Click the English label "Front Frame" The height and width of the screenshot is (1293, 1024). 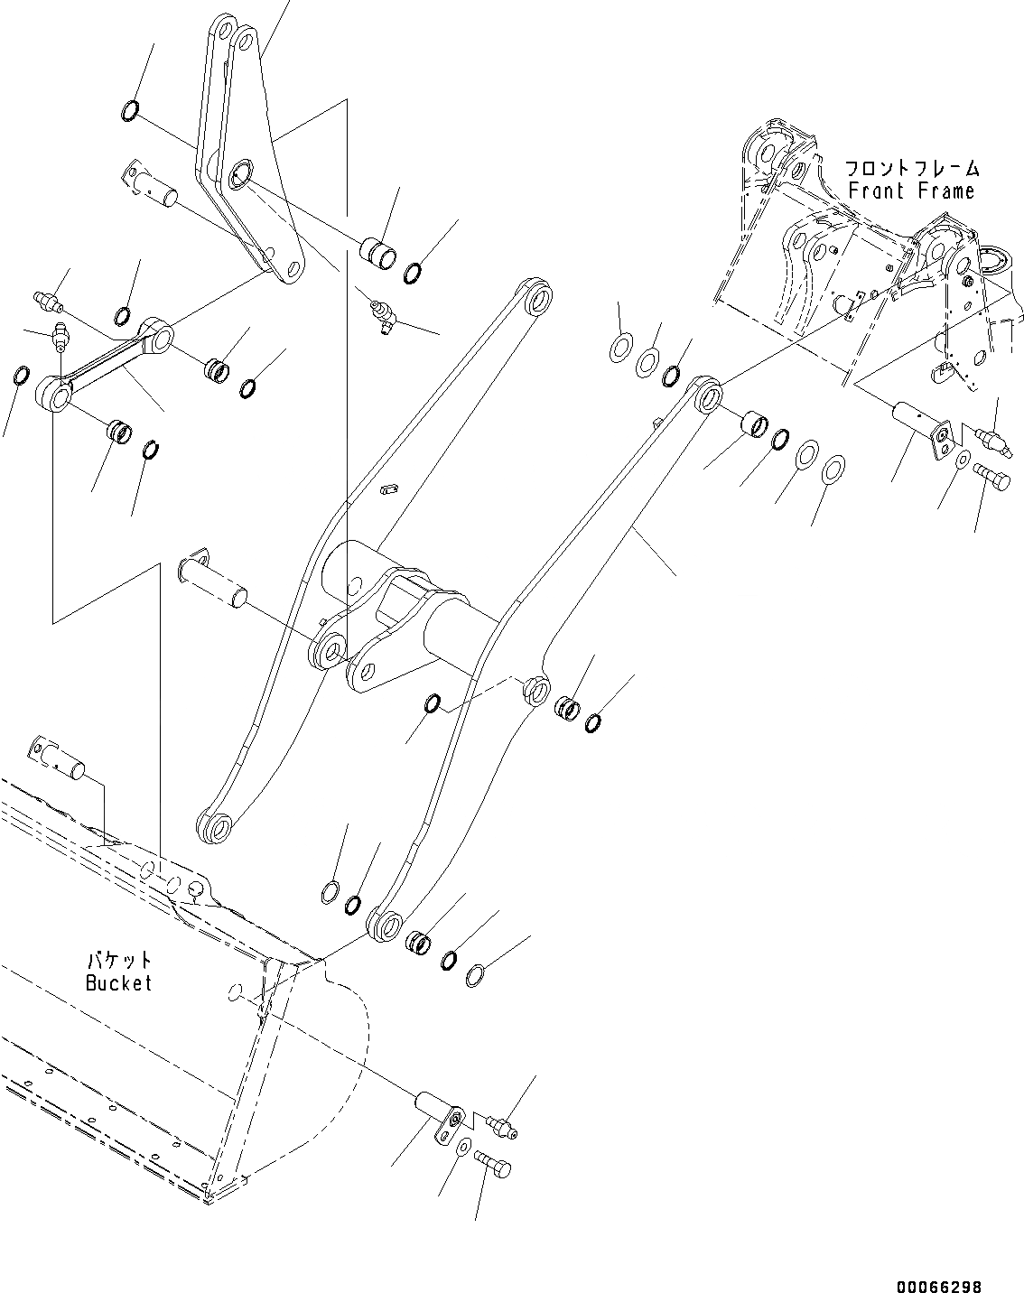pyautogui.click(x=911, y=191)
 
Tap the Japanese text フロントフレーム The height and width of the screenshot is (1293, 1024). pyautogui.click(x=911, y=168)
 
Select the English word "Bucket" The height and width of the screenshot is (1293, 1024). pyautogui.click(x=118, y=983)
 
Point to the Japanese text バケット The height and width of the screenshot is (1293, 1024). pyautogui.click(x=118, y=961)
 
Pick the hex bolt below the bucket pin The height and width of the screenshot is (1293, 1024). pyautogui.click(x=494, y=1168)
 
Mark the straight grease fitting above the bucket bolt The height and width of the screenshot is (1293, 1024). pyautogui.click(x=499, y=1124)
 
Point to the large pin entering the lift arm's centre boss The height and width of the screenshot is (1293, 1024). pyautogui.click(x=213, y=580)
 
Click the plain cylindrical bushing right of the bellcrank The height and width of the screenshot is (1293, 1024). pyautogui.click(x=378, y=253)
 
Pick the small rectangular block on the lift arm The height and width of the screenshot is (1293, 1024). pyautogui.click(x=389, y=489)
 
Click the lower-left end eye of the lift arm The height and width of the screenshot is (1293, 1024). pyautogui.click(x=214, y=827)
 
